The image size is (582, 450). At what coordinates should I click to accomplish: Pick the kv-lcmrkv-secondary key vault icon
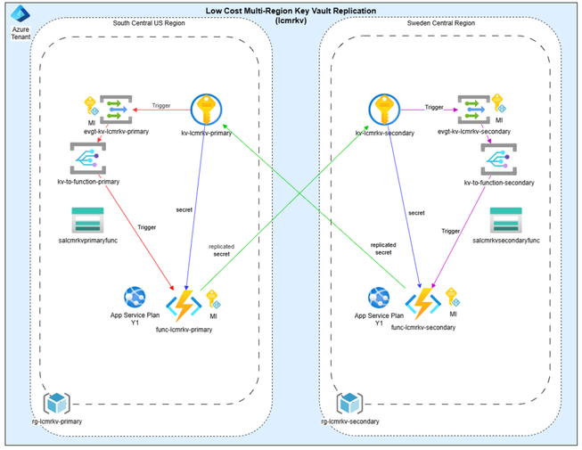(384, 110)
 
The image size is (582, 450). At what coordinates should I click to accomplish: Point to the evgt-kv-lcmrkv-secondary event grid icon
(472, 110)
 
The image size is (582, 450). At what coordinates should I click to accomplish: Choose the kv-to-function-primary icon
(87, 160)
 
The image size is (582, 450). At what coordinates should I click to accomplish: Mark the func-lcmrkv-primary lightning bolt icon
(188, 303)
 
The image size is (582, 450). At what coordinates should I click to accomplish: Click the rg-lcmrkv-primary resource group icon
(57, 403)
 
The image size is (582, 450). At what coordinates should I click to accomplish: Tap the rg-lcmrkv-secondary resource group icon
(349, 402)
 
